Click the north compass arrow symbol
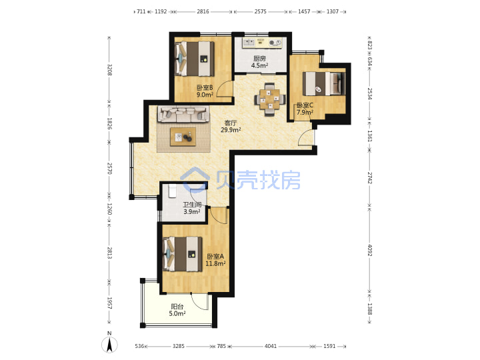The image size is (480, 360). pyautogui.click(x=109, y=345)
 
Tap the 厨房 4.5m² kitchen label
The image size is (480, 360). pyautogui.click(x=259, y=62)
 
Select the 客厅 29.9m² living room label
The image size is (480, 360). pyautogui.click(x=231, y=127)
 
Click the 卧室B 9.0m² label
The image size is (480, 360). pyautogui.click(x=205, y=91)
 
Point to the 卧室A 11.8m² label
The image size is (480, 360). pyautogui.click(x=215, y=260)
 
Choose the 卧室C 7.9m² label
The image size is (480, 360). pyautogui.click(x=305, y=109)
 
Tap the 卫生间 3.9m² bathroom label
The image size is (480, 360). pyautogui.click(x=192, y=208)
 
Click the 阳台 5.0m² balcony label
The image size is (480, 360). pyautogui.click(x=177, y=310)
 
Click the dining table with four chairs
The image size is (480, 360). pyautogui.click(x=270, y=99)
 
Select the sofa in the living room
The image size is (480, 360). pyautogui.click(x=183, y=114)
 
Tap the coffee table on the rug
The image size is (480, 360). pyautogui.click(x=183, y=137)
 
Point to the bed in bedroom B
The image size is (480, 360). pyautogui.click(x=194, y=59)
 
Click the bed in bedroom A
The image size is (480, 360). pyautogui.click(x=183, y=254)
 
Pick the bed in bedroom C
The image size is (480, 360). pyautogui.click(x=324, y=83)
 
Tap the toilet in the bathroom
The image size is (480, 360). pyautogui.click(x=173, y=191)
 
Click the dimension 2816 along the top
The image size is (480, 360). pyautogui.click(x=203, y=11)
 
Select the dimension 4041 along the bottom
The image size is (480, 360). pyautogui.click(x=271, y=346)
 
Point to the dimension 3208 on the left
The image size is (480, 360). pyautogui.click(x=109, y=70)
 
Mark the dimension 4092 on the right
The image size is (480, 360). pyautogui.click(x=369, y=251)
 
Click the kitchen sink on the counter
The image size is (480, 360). pyautogui.click(x=248, y=43)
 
